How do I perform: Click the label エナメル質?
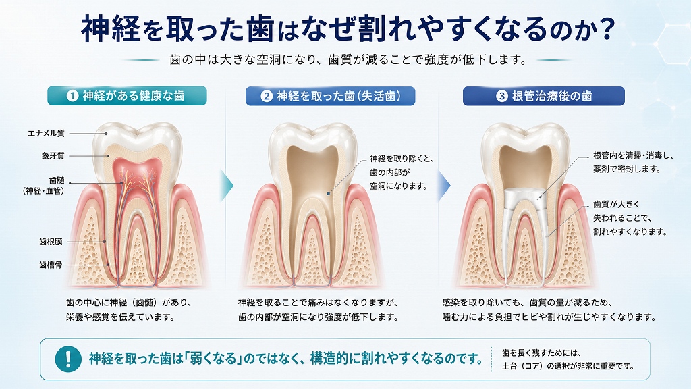(x=47, y=133)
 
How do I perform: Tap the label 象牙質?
(x=53, y=156)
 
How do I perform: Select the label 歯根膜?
(x=51, y=242)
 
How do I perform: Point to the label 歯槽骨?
(x=51, y=265)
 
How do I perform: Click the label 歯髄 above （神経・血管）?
(x=57, y=180)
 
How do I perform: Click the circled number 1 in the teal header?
(x=72, y=96)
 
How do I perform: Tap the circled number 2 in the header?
(x=266, y=96)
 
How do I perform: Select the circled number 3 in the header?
(x=502, y=96)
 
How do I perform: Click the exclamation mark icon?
(x=68, y=359)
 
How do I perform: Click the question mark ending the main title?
(x=607, y=29)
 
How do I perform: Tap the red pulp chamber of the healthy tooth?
(x=136, y=170)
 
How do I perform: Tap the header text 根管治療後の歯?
(x=552, y=96)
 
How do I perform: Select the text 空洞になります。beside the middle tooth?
(x=398, y=186)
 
